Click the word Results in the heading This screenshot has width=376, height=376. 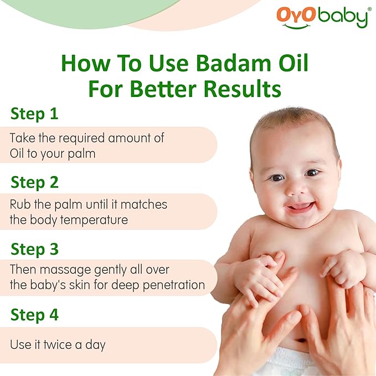[x=236, y=89]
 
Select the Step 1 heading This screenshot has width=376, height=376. [x=34, y=114]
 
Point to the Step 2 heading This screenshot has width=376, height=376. [x=34, y=182]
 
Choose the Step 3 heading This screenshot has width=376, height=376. [x=34, y=249]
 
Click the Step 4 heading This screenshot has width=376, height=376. [x=34, y=315]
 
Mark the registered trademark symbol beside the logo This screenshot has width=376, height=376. [x=370, y=9]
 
